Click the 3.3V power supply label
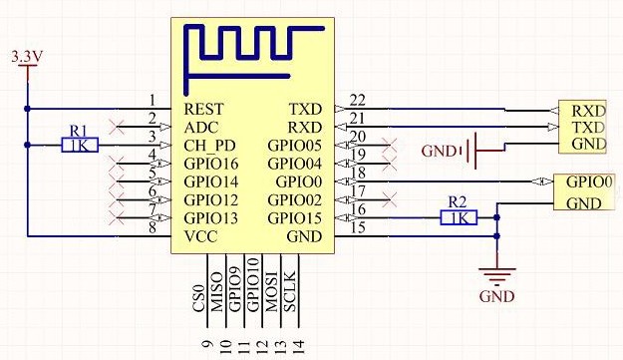26,58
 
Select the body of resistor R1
80,146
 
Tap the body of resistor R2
458,217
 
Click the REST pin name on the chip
204,109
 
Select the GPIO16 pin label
212,164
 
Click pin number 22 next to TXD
358,99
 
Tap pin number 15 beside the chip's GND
358,226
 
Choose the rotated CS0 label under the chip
198,296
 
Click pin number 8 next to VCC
153,226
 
